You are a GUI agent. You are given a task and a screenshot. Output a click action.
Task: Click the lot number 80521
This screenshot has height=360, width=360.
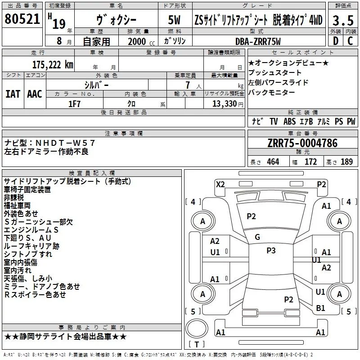(x=22, y=19)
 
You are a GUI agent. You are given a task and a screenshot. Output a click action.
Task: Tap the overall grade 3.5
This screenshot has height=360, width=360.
(x=343, y=20)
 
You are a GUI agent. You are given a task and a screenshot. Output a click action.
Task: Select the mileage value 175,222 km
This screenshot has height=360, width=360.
(x=53, y=65)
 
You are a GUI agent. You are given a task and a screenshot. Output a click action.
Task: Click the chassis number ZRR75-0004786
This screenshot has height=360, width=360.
(x=302, y=143)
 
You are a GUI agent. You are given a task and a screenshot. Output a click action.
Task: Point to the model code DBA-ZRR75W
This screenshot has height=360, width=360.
(x=258, y=41)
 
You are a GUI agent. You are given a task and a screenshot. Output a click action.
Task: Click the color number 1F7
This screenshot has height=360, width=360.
(x=74, y=104)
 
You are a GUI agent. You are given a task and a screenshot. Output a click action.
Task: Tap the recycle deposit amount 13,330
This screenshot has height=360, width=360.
(x=224, y=104)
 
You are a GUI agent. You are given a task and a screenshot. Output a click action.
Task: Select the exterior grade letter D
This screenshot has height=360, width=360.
(x=336, y=41)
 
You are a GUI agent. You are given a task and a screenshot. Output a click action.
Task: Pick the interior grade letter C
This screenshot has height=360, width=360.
(x=350, y=41)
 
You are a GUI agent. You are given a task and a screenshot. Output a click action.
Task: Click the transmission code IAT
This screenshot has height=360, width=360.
(x=13, y=94)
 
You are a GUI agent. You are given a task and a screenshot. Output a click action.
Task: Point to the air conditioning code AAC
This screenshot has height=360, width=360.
(x=35, y=94)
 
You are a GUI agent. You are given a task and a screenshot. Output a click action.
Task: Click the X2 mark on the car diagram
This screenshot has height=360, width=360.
(x=220, y=184)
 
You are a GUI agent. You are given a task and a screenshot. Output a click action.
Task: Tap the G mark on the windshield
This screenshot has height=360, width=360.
(x=257, y=237)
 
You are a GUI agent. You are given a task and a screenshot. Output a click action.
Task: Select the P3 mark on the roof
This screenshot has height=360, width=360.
(x=271, y=251)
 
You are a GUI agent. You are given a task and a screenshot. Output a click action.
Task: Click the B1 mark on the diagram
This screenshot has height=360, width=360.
(x=320, y=308)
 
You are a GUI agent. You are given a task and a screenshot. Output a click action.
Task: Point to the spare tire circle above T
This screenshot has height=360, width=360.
(x=197, y=328)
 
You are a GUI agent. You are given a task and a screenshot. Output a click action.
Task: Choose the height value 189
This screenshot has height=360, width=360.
(x=346, y=162)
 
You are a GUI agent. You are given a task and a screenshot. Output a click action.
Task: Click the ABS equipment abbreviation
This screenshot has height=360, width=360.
(x=289, y=121)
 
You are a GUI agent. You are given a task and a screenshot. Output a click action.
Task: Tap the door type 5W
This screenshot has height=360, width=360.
(x=174, y=20)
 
